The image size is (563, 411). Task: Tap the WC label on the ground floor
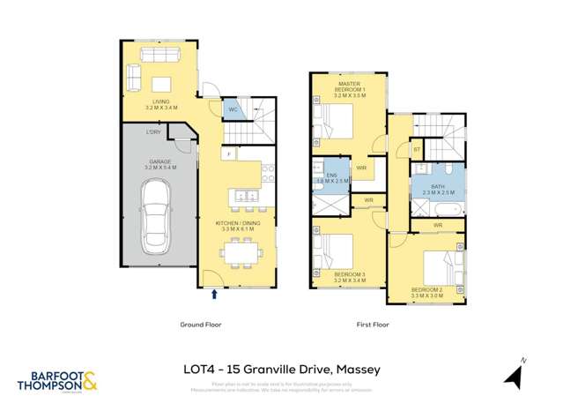point(233,109)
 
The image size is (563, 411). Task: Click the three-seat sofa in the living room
point(160,56)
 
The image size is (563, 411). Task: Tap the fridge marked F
point(229,154)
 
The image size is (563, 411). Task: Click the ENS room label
point(332,176)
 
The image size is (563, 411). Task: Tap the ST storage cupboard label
point(417,150)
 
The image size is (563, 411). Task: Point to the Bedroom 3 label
point(350,274)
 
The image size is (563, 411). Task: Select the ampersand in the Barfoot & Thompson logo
point(90,383)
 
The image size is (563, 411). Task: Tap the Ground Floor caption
point(201,324)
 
